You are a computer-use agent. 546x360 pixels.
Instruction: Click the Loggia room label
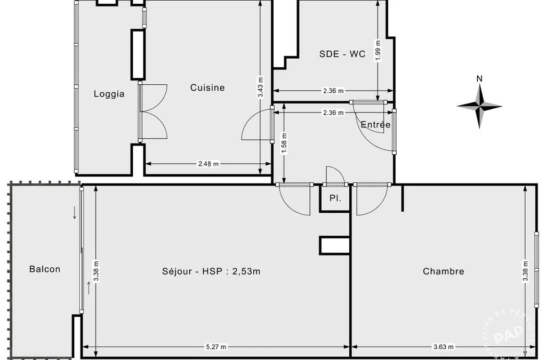(109, 94)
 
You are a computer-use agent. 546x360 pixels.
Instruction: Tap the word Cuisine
(207, 87)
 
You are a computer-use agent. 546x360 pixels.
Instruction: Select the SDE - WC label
(342, 54)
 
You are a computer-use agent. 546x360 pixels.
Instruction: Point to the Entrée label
(375, 124)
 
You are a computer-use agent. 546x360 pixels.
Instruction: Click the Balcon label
(45, 269)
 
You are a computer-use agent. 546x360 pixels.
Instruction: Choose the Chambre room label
(443, 271)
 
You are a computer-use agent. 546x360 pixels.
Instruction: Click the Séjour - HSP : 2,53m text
(211, 271)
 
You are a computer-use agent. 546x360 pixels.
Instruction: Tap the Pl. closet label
(335, 198)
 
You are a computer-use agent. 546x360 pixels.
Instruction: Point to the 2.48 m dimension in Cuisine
(208, 164)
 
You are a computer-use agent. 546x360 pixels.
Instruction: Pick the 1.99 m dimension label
(379, 51)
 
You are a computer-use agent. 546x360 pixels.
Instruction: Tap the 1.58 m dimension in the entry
(285, 143)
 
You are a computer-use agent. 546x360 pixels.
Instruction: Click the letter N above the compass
(479, 79)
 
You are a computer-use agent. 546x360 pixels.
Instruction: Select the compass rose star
(479, 106)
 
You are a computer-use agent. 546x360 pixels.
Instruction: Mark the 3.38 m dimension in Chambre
(525, 271)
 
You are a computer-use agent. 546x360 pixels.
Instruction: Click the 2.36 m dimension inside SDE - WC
(333, 91)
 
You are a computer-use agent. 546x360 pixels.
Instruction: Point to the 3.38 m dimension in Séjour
(96, 271)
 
